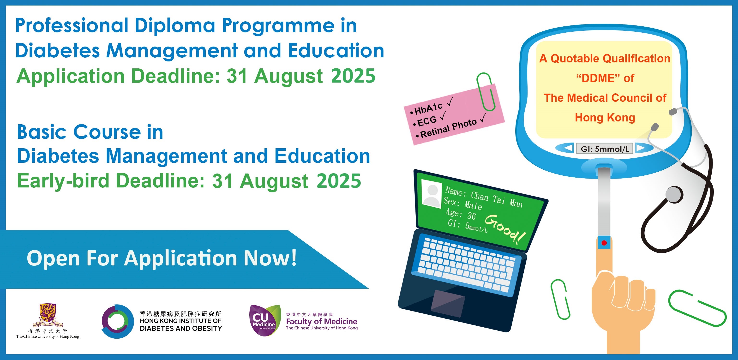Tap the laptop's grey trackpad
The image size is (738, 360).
click(x=448, y=303)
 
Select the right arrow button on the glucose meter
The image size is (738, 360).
click(x=641, y=148)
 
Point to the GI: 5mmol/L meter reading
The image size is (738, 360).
click(x=605, y=149)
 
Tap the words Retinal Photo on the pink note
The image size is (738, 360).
click(x=449, y=128)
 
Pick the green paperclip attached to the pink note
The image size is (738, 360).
click(x=486, y=91)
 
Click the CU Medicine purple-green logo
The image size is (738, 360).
click(x=265, y=320)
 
